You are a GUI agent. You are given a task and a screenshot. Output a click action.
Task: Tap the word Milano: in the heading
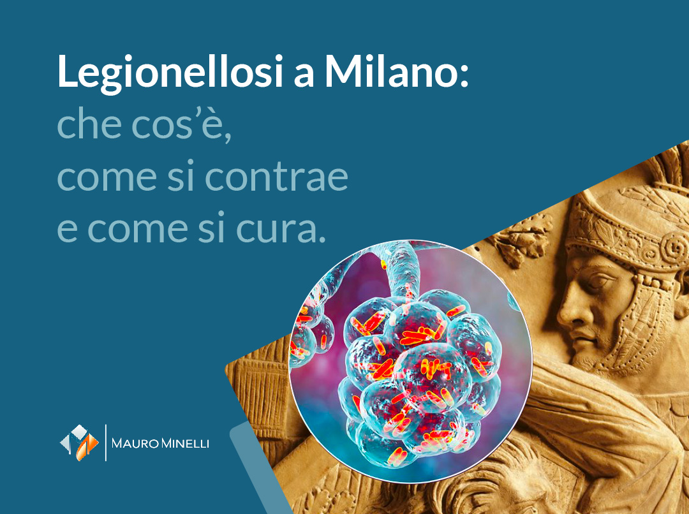396,71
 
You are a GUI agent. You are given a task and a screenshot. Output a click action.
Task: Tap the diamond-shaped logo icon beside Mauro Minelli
80,442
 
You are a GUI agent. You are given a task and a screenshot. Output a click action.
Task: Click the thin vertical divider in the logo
105,442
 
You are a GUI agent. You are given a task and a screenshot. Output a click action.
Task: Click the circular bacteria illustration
411,361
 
